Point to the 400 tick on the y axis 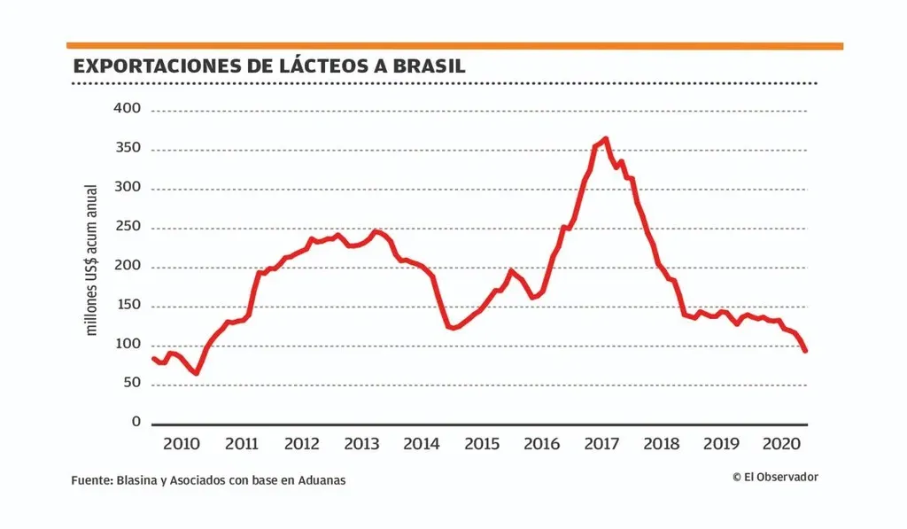click(127, 110)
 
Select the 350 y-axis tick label click(127, 149)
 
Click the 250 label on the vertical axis click(127, 228)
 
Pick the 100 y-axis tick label click(127, 345)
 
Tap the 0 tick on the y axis click(136, 423)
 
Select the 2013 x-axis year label click(361, 443)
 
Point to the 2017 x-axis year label click(603, 443)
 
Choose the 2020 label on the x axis click(783, 443)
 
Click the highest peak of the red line click(605, 138)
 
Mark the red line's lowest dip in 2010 click(196, 373)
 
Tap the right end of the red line click(805, 351)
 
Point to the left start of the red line click(153, 358)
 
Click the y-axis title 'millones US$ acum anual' click(90, 260)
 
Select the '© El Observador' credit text click(775, 477)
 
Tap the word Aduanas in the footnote click(322, 480)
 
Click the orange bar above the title click(454, 45)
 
